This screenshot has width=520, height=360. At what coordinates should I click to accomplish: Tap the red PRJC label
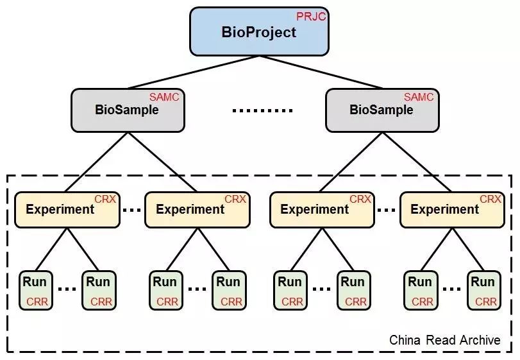point(311,17)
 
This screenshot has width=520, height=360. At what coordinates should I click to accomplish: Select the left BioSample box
point(127,109)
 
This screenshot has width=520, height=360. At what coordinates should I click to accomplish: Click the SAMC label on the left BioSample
point(164,98)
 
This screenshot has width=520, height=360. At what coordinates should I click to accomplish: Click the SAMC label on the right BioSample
point(419,98)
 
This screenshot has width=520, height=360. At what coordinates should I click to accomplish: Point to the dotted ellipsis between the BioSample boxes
point(262,110)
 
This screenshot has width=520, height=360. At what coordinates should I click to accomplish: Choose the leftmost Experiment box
point(67,209)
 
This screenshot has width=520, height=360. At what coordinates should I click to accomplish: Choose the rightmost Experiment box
point(451,209)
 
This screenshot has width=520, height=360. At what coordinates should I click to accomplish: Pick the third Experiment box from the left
point(321,209)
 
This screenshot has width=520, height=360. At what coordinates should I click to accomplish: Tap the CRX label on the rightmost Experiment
point(491,200)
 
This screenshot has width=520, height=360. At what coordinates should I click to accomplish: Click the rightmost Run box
point(483,290)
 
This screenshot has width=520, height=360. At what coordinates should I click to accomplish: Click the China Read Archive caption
point(444,340)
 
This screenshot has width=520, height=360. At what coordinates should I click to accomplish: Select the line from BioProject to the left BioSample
point(192,72)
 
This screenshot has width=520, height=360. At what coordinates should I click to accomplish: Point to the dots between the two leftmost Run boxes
point(68,289)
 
